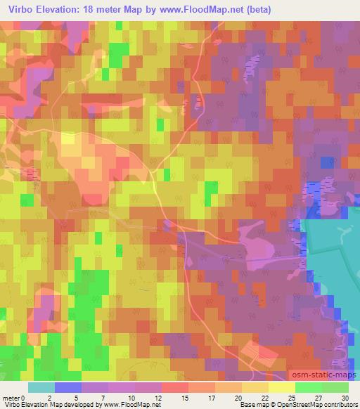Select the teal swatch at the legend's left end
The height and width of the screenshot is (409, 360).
(41, 387)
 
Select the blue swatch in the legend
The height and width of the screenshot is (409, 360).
(68, 387)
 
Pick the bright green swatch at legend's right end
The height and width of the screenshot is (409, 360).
(335, 387)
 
